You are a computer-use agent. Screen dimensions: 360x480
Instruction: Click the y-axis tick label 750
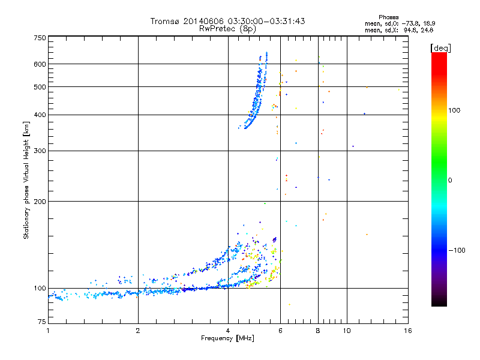[x=40, y=38]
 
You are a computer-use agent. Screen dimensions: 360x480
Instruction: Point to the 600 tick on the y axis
[x=40, y=64]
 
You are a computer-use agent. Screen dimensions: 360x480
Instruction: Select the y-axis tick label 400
[x=40, y=115]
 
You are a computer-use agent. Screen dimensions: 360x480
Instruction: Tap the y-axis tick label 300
[x=40, y=151]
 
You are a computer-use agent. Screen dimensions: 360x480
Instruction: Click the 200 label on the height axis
[x=40, y=201]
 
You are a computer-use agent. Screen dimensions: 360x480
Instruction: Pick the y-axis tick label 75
[x=41, y=323]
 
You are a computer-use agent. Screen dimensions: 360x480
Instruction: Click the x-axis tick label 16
[x=407, y=331]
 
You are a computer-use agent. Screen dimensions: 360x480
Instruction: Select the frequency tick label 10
[x=346, y=331]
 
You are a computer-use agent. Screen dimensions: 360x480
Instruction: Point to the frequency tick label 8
[x=318, y=331]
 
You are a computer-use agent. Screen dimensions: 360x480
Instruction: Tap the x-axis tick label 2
[x=138, y=331]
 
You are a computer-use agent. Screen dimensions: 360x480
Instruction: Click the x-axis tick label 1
[x=48, y=331]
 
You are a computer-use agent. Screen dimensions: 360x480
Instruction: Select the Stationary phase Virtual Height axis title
[x=26, y=180]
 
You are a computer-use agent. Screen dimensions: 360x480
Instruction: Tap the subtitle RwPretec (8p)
[x=228, y=28]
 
